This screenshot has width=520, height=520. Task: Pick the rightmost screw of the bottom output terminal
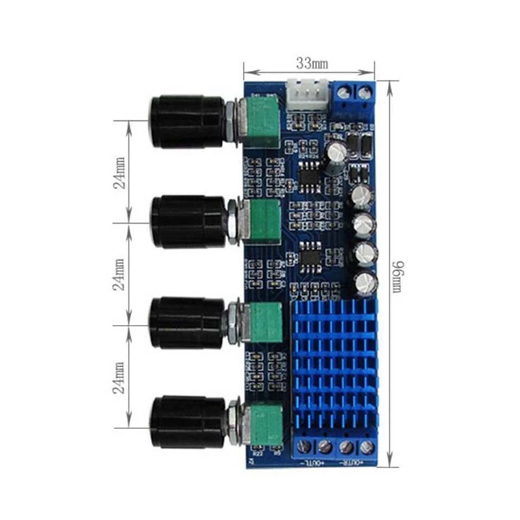pyautogui.click(x=367, y=447)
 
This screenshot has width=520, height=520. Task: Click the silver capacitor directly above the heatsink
pyautogui.click(x=365, y=281)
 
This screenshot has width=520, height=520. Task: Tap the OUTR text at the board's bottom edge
pyautogui.click(x=351, y=463)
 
